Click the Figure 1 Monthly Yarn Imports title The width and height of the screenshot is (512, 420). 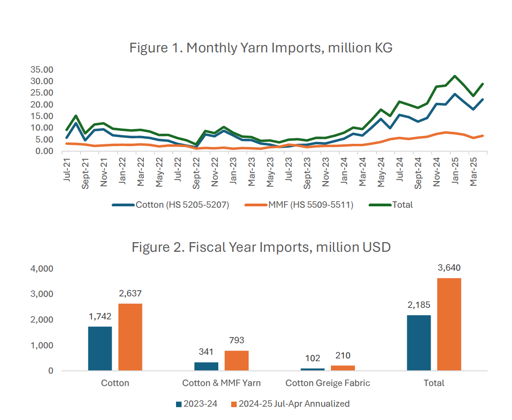(x=261, y=48)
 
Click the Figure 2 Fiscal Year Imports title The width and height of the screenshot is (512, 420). (x=261, y=247)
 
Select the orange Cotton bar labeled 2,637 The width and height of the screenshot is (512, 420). (x=130, y=336)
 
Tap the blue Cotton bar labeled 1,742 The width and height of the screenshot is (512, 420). (x=100, y=348)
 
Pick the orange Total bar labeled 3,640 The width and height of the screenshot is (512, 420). (x=449, y=324)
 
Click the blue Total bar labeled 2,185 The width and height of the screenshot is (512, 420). (x=419, y=342)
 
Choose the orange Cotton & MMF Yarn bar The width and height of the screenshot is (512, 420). (x=237, y=360)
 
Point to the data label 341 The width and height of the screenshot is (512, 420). (x=206, y=352)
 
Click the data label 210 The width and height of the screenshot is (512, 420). (x=343, y=355)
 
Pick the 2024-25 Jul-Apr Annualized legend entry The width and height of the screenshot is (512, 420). (x=290, y=404)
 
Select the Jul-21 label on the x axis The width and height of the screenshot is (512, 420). (x=67, y=170)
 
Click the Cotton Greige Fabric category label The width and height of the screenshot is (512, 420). (x=327, y=383)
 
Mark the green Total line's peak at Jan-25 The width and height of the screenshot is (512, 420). (x=455, y=76)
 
